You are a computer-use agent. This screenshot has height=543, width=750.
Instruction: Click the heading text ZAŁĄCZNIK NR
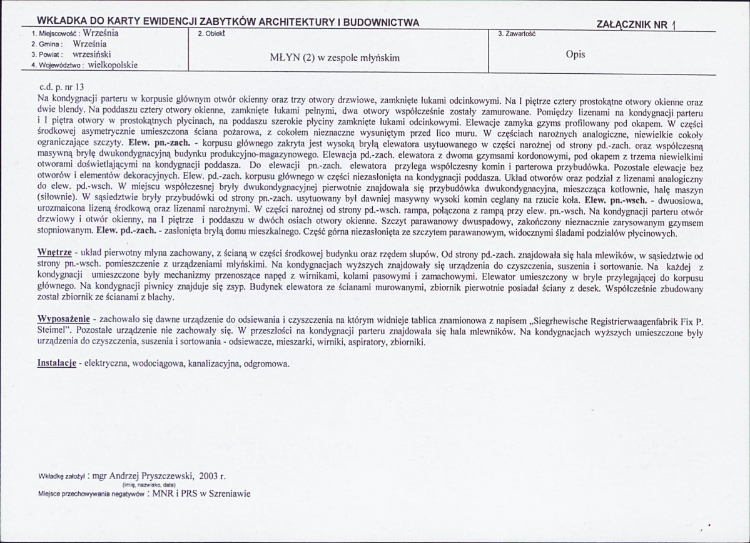(632, 24)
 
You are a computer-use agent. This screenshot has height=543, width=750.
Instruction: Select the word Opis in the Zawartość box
(575, 54)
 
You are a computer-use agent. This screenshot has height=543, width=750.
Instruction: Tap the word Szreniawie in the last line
(229, 494)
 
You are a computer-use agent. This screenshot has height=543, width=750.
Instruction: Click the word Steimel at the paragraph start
(53, 332)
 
